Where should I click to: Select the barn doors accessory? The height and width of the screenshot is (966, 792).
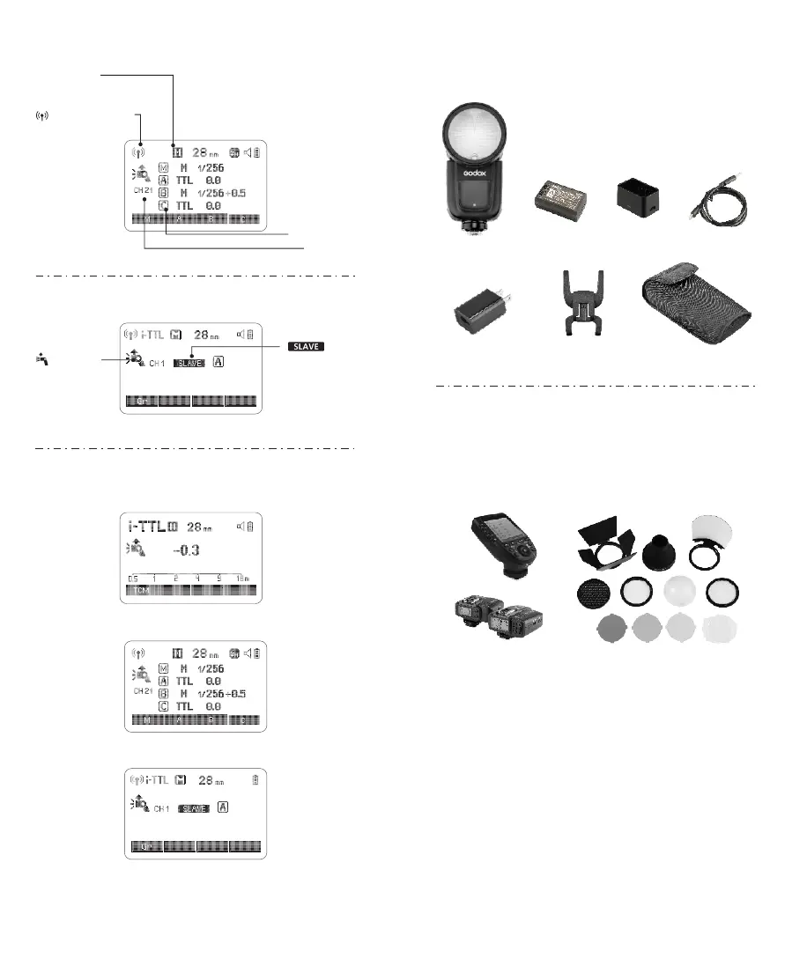pos(607,545)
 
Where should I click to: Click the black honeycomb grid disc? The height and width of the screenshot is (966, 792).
pos(594,594)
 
